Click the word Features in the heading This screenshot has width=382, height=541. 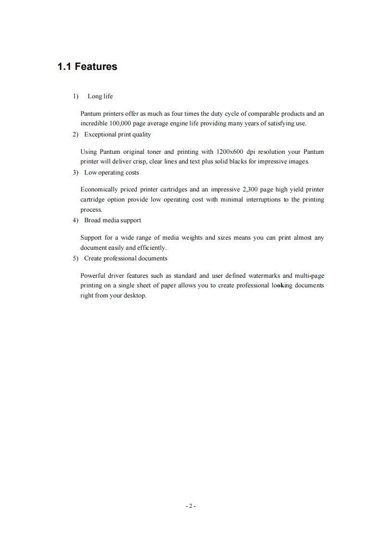[x=96, y=67]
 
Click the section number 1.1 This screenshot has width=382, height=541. [x=65, y=67]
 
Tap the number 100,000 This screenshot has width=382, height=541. [x=111, y=123]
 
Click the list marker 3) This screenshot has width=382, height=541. [x=75, y=172]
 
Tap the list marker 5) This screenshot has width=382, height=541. [x=75, y=258]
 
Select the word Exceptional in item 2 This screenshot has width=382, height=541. [x=100, y=135]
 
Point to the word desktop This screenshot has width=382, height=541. [x=134, y=295]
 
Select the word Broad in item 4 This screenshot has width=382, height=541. [x=93, y=220]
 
